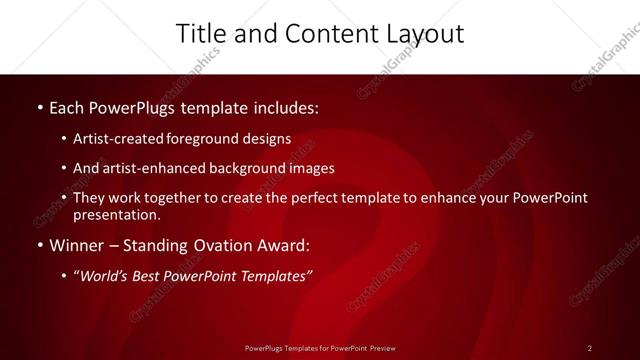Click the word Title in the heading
coord(199,33)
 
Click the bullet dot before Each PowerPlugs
coord(38,106)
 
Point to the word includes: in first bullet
coord(283,105)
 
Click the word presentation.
coord(117,214)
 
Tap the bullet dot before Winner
coord(38,245)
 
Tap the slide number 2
coord(589,347)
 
